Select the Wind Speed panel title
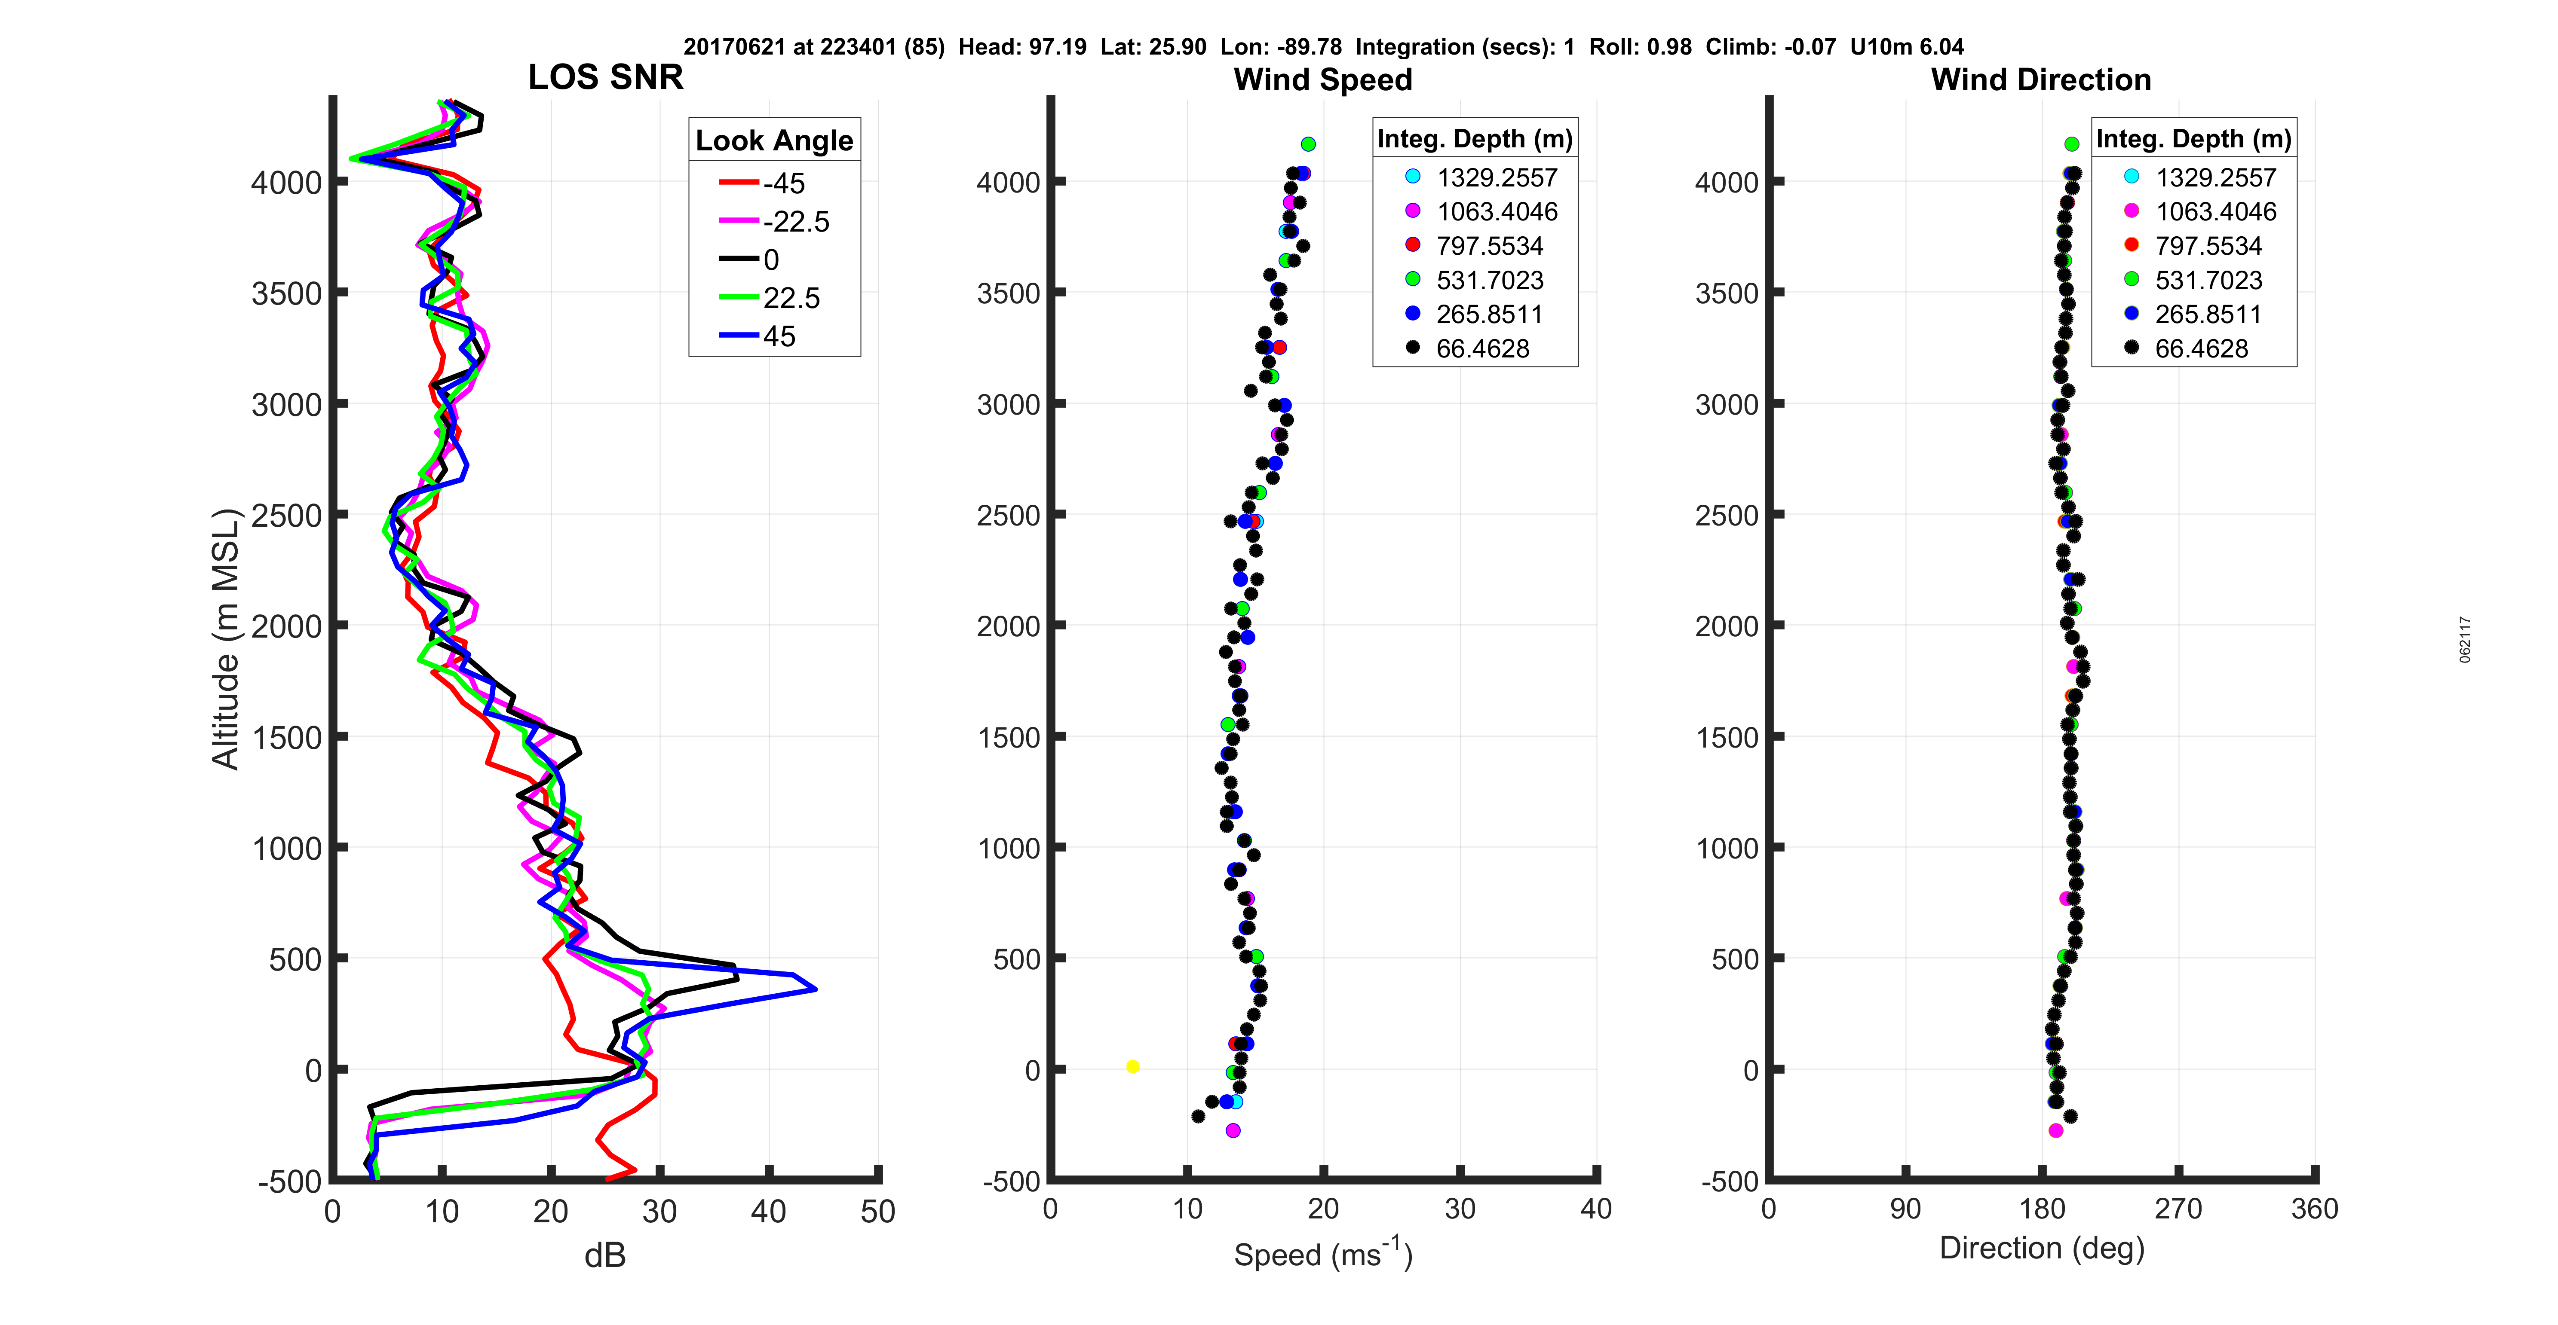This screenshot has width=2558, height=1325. (x=1323, y=79)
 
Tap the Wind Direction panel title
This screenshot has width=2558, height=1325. (x=2041, y=79)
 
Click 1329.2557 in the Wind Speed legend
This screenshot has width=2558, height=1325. (x=1497, y=178)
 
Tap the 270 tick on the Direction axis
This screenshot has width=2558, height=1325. (x=2179, y=1209)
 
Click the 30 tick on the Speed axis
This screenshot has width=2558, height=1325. (x=1460, y=1209)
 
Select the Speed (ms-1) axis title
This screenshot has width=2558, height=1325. (x=1323, y=1254)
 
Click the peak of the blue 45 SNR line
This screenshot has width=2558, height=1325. (x=815, y=989)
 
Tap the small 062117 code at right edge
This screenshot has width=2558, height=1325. (x=2466, y=639)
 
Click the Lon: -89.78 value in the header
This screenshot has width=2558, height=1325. (x=1281, y=47)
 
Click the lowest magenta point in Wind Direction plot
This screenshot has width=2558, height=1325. (x=2055, y=1130)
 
